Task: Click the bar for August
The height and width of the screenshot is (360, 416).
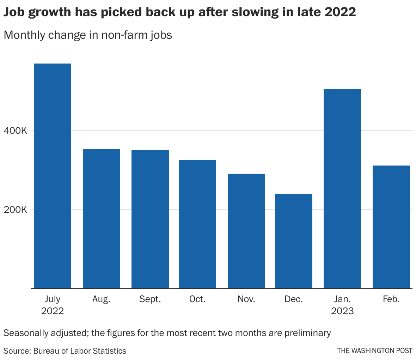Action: pos(102,219)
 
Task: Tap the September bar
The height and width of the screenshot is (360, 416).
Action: pos(150,219)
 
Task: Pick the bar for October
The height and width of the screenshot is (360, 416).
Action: pos(197,224)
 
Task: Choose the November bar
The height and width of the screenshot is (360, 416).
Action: pos(246,231)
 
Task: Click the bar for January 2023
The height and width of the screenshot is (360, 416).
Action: pos(342,188)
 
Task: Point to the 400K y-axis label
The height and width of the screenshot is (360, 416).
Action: pos(15,131)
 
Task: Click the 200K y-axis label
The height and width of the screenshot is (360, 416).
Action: pos(15,210)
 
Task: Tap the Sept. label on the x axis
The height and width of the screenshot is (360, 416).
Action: pos(150,299)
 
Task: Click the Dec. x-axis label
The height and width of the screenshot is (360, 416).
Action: pos(294,299)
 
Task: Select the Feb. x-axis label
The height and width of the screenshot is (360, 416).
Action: pos(391,299)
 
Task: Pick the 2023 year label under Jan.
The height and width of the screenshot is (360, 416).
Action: pos(342,311)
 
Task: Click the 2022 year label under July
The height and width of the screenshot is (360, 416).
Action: pos(53,311)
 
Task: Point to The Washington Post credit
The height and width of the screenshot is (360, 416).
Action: pos(374,350)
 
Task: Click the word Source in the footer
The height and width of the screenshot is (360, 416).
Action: pos(17,351)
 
